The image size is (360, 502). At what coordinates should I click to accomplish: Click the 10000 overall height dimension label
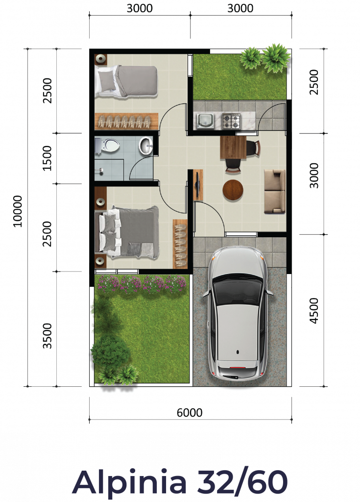(x=18, y=211)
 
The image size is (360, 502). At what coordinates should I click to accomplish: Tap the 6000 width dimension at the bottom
(x=190, y=412)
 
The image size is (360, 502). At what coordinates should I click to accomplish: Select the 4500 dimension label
(x=314, y=310)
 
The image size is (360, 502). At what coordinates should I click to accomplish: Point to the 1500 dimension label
(x=47, y=158)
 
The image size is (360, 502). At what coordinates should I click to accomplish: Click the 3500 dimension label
(x=47, y=335)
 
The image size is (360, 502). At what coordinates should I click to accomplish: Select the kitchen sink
(x=205, y=121)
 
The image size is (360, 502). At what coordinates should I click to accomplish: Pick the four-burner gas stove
(x=231, y=121)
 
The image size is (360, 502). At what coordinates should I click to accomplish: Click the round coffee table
(x=233, y=190)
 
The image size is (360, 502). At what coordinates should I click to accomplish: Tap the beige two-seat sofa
(x=275, y=191)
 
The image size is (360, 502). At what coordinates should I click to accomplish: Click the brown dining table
(x=233, y=147)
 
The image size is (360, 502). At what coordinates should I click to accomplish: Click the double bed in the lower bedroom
(x=127, y=232)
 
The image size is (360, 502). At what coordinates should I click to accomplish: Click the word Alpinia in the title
(x=129, y=482)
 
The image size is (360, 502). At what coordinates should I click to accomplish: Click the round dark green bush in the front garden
(x=111, y=351)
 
